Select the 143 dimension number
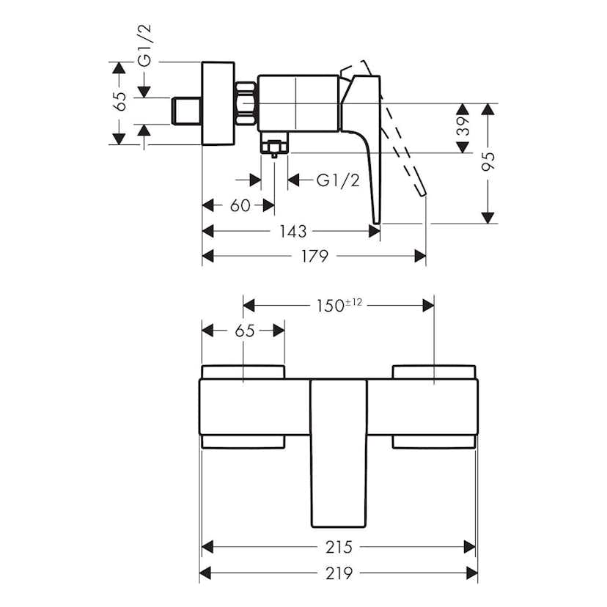293,232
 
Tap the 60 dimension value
240,206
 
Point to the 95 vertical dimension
490,161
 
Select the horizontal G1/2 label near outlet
339,180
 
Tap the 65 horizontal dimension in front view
245,331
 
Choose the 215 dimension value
339,547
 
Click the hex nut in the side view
246,104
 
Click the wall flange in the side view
217,103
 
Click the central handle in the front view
339,451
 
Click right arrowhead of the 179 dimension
421,256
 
